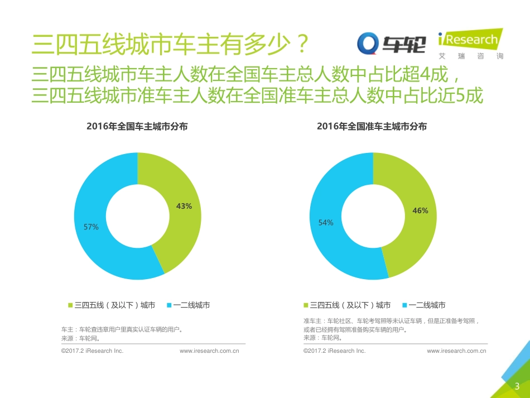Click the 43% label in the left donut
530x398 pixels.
click(184, 206)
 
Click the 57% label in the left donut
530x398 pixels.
click(91, 227)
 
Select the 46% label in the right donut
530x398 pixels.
click(420, 210)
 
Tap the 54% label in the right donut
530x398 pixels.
click(326, 222)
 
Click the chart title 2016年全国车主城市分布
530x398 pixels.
click(137, 127)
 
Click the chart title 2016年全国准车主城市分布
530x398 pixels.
click(372, 127)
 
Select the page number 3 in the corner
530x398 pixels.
click(517, 386)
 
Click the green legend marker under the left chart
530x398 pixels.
click(71, 305)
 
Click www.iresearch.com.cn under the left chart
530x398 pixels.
click(209, 351)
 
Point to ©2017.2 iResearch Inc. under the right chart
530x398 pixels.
click(334, 351)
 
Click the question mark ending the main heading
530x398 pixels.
click(301, 42)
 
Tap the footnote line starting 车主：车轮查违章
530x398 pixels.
click(122, 329)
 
